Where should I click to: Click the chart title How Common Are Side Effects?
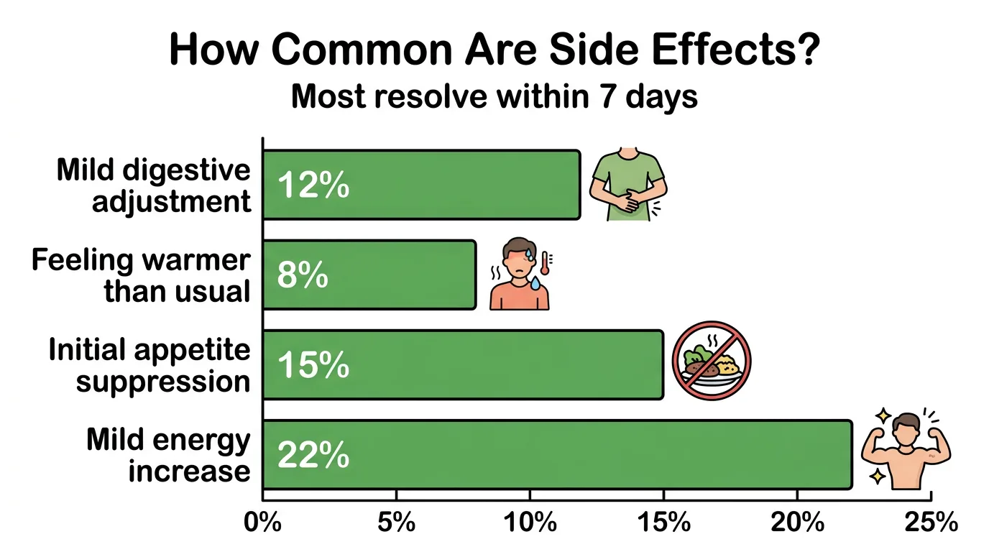[494, 50]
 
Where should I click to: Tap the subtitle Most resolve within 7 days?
[494, 96]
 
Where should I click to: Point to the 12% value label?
[313, 186]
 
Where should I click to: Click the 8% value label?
[303, 276]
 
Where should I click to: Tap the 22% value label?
[313, 456]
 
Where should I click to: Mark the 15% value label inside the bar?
[313, 367]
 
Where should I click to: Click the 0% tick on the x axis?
[262, 523]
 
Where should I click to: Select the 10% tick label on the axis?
[530, 523]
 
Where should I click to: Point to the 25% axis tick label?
[931, 523]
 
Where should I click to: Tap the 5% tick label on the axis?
[396, 523]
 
